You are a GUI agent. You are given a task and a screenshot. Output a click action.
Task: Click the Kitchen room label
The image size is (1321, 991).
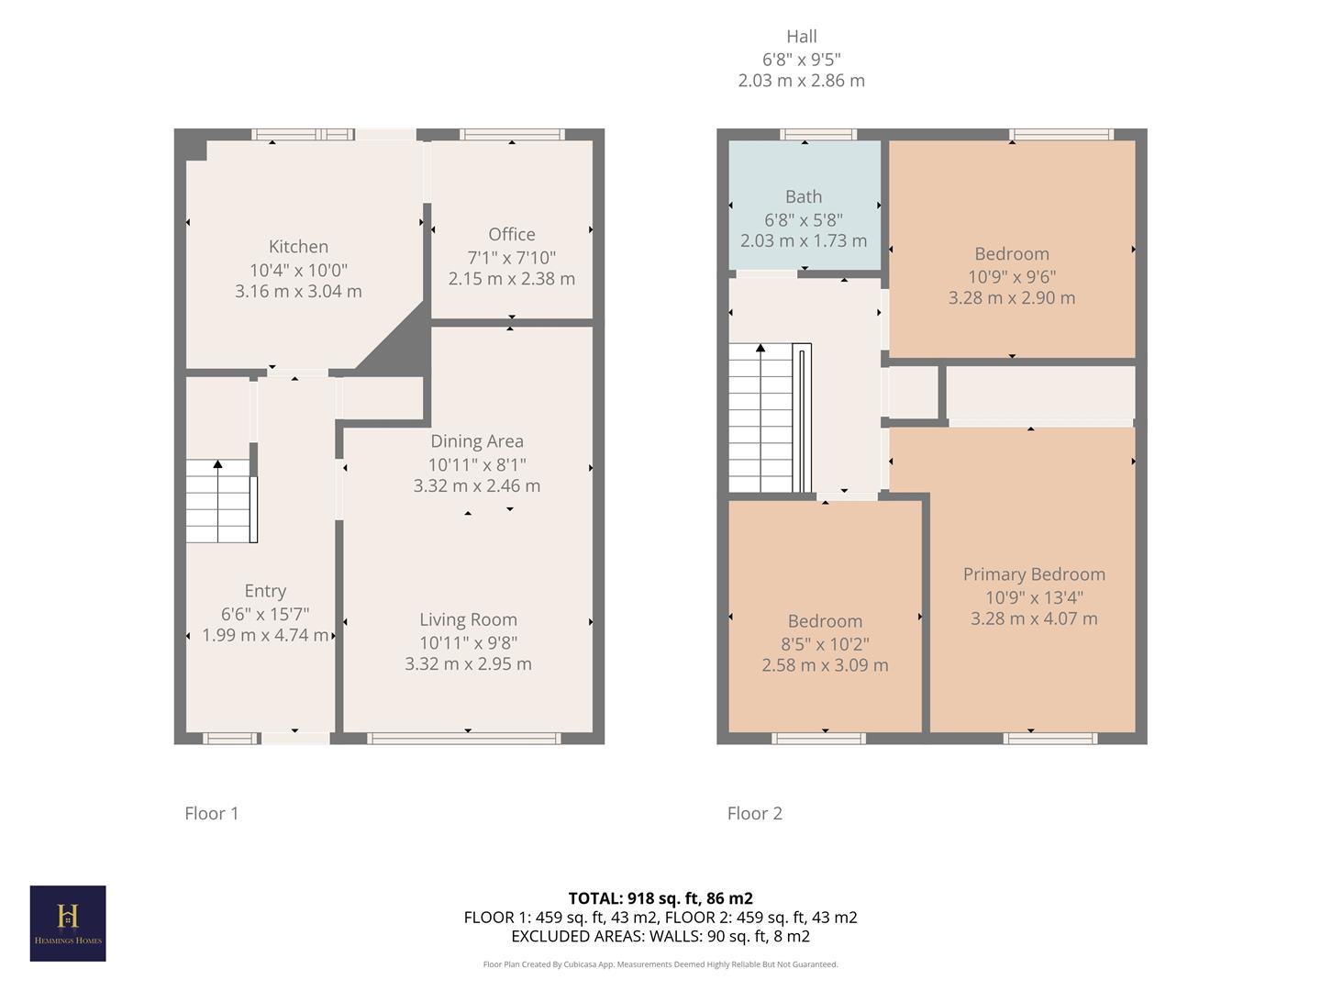click(298, 247)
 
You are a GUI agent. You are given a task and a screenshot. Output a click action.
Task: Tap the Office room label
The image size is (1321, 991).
click(511, 235)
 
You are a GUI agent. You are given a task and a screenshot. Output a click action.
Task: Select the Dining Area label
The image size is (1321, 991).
click(476, 441)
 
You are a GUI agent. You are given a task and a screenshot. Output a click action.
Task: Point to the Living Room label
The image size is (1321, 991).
click(468, 620)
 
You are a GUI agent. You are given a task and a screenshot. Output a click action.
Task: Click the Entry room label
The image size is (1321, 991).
click(265, 591)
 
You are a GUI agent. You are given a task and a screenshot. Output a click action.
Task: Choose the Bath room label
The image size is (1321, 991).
click(804, 197)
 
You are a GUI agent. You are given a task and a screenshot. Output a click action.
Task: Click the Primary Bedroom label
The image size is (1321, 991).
click(1034, 574)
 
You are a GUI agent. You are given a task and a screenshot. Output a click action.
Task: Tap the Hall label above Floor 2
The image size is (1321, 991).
click(801, 37)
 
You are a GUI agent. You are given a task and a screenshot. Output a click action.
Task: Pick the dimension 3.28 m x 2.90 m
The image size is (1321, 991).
click(1012, 298)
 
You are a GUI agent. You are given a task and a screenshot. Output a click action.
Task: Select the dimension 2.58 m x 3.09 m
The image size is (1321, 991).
click(825, 665)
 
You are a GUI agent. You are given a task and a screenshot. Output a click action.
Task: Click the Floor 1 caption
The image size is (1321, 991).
click(212, 813)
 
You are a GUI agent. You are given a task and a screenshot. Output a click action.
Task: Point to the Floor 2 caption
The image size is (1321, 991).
click(755, 813)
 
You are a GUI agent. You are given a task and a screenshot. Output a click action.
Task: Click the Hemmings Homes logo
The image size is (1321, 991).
click(68, 923)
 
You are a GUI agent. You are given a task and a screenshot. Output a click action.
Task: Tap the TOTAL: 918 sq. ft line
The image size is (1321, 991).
click(660, 898)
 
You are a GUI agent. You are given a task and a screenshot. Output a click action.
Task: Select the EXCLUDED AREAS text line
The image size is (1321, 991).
click(660, 936)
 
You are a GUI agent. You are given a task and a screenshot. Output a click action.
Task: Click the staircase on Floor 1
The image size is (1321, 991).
click(220, 501)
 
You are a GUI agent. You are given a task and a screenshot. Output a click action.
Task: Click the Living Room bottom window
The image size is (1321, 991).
click(463, 738)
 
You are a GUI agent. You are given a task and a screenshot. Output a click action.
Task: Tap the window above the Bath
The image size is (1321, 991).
click(818, 135)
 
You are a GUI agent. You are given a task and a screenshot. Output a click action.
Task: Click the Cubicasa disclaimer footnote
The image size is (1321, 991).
click(660, 964)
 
